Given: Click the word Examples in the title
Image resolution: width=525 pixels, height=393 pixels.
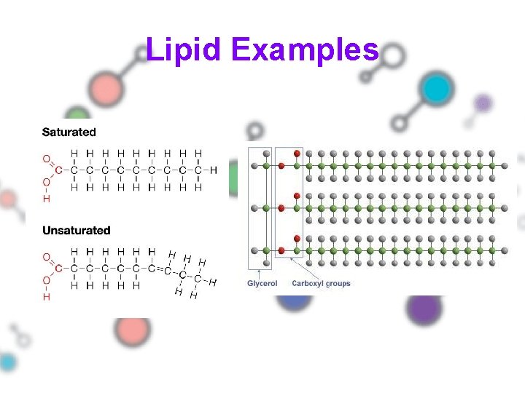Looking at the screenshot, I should (x=306, y=51).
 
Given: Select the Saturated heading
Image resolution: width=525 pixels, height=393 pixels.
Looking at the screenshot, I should (x=69, y=132).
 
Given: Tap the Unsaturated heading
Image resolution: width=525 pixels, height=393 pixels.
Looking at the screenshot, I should (x=77, y=231).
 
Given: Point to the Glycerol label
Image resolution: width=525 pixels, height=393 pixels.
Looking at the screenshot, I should (x=262, y=283).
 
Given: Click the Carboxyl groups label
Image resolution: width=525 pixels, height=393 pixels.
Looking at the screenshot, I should (x=321, y=283).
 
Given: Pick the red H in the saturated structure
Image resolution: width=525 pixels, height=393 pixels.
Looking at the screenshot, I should (x=47, y=198).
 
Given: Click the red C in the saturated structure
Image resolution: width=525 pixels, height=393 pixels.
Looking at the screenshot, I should (x=59, y=170).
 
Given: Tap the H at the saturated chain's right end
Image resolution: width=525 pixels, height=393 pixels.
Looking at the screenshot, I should (x=213, y=170).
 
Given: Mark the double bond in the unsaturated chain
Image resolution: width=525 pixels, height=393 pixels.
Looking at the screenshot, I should (x=159, y=269).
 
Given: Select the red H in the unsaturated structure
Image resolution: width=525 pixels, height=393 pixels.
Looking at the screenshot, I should (x=47, y=296).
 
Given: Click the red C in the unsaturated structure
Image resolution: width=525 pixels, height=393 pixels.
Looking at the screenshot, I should (x=59, y=269).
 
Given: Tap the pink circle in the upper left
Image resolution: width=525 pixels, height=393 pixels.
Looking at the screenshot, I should (x=108, y=89).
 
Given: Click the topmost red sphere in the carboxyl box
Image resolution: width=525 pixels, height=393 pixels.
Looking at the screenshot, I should (x=297, y=154).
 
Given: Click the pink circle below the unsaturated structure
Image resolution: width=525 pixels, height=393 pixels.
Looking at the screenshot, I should (x=133, y=331).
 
